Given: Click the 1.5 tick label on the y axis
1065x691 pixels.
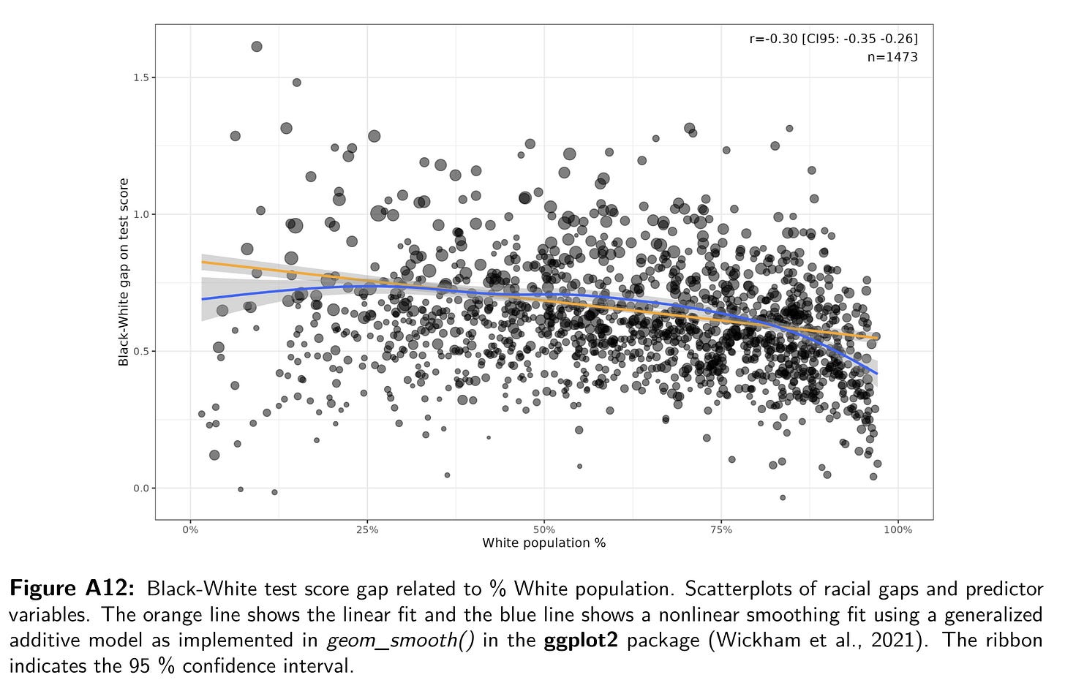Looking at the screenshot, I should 139,78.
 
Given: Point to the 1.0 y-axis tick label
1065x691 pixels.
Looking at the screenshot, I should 139,214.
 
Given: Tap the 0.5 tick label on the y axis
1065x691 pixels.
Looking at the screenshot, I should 139,351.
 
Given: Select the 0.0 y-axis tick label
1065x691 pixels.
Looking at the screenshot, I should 139,488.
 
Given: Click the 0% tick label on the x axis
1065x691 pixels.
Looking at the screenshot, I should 190,530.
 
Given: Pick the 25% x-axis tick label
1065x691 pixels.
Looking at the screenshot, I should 367,530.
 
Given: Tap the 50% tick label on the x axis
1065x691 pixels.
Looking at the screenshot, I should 544,530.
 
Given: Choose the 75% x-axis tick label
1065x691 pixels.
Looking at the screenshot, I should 721,530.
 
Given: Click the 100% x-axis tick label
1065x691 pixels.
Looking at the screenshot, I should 897,530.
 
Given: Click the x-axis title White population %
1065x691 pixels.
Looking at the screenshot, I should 543,543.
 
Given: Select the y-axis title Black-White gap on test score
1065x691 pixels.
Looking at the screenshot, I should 124,272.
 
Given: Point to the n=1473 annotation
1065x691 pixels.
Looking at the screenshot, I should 892,57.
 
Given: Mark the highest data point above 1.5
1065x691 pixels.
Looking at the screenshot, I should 257,47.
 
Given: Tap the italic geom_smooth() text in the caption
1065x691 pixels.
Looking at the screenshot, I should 401,641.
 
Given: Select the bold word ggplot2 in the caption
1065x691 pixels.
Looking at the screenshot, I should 581,641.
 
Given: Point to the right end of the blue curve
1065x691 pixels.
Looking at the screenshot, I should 877,374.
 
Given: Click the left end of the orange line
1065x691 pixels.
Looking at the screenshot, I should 203,262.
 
